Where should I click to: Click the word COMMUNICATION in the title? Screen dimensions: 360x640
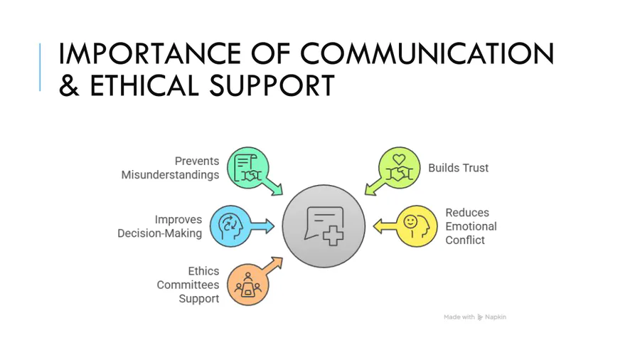428,54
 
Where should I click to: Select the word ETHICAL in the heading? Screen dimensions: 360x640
144,86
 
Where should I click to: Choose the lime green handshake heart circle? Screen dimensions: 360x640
399,168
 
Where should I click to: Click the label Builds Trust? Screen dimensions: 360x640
458,169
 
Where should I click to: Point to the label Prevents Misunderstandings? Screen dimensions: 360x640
171,168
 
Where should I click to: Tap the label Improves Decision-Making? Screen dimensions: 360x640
160,226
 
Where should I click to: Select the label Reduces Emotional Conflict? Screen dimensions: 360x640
470,226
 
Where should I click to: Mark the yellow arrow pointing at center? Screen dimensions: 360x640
385,226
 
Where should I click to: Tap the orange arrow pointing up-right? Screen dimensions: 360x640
272,265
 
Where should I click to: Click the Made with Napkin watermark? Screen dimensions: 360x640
474,317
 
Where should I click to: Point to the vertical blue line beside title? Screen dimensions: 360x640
40,67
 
